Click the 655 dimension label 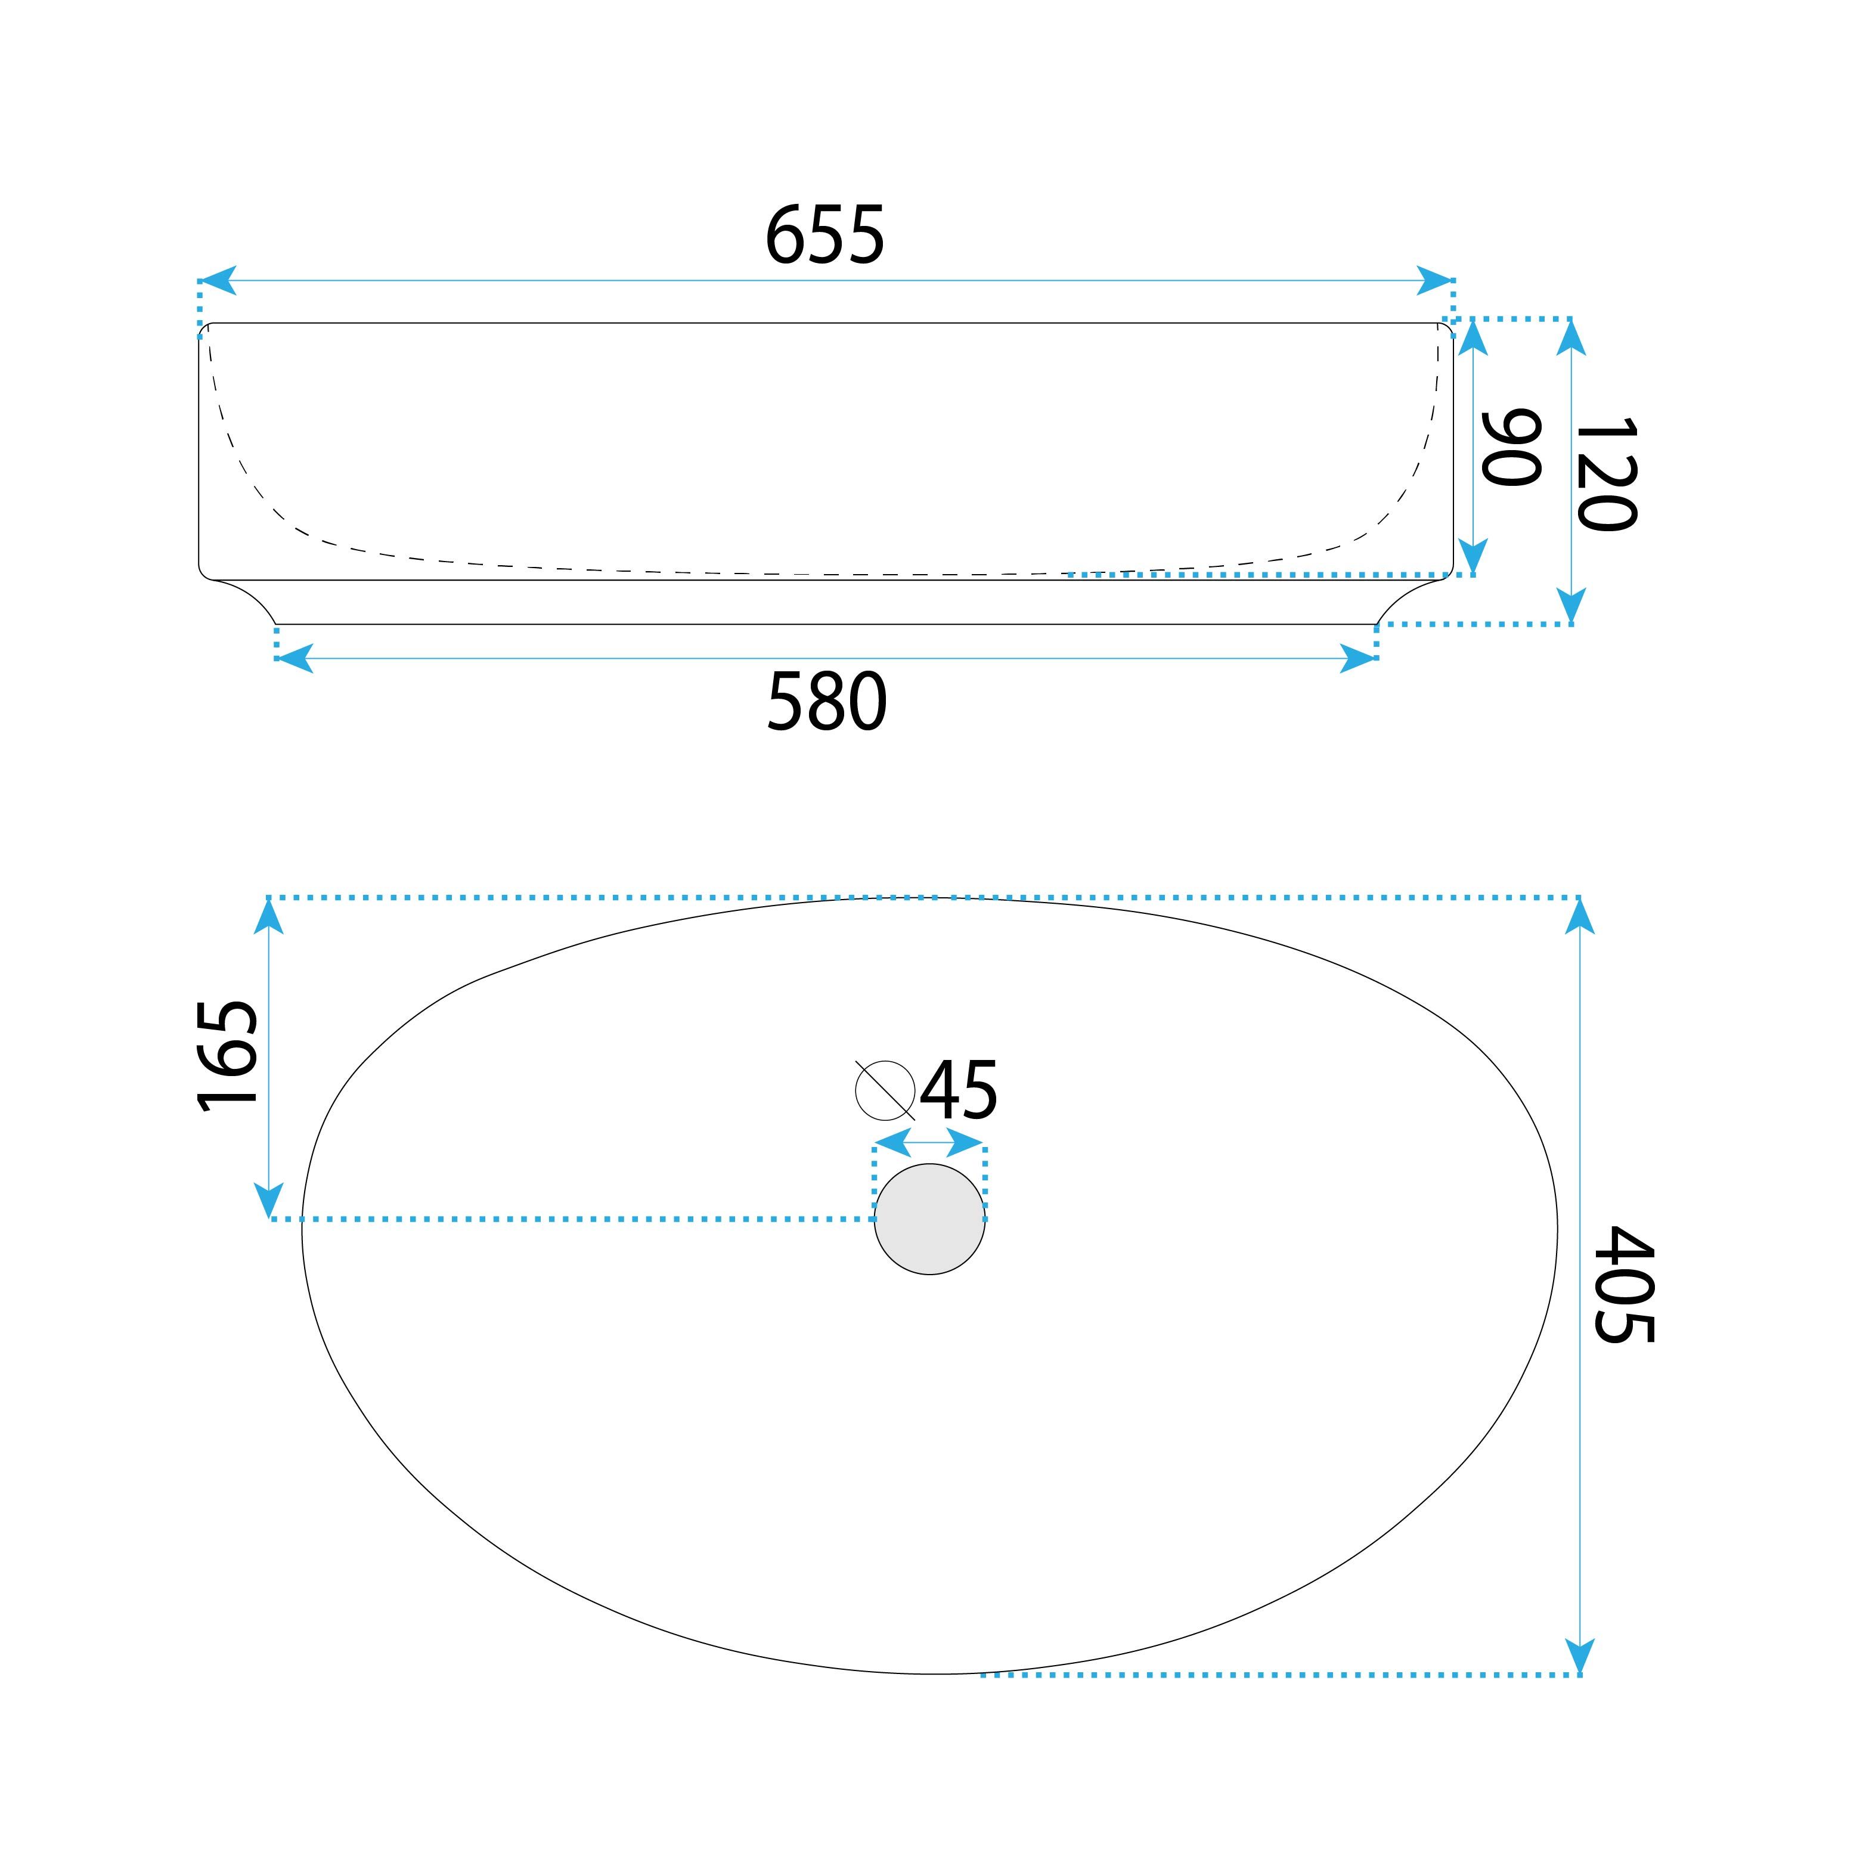[x=824, y=236]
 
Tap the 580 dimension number [x=826, y=702]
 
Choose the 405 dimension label [x=1625, y=1285]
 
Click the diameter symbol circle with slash [x=885, y=1090]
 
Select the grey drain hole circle [x=929, y=1219]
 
